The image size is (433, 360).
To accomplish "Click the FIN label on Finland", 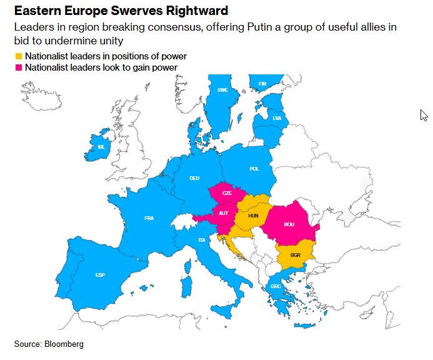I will pos(262,84).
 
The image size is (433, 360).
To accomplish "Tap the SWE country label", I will pos(222,90).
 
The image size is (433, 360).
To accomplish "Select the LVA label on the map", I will pos(277,118).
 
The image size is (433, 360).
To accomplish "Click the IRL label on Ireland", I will pos(101,147).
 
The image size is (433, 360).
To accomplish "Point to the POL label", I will pos(254,169).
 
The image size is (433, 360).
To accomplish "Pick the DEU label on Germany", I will pos(195,178).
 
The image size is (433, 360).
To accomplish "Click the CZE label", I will pos(227,194).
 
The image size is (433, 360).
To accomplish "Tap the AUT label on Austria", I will pos(224,212).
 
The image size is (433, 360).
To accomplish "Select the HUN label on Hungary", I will pos(253,215).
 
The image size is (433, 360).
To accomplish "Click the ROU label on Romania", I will pos(289,224).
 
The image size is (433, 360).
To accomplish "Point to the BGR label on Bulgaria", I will pos(296,255).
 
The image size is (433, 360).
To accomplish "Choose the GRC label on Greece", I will pos(276,287).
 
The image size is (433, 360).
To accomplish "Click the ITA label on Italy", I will pos(201,240).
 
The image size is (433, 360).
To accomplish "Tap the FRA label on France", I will pos(149,218).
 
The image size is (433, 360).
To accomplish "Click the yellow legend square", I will pos(18,57).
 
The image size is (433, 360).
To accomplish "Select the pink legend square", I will pos(18,67).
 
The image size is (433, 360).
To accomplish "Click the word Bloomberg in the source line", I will pos(63,344).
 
